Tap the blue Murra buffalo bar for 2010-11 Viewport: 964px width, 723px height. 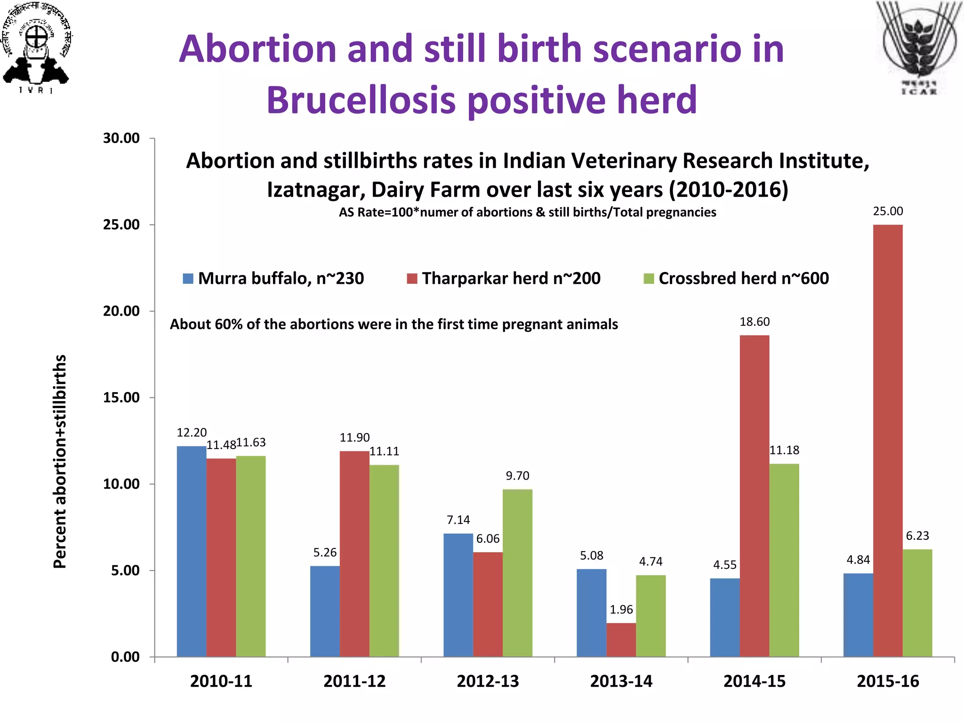(x=192, y=551)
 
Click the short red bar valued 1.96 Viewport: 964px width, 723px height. (x=621, y=640)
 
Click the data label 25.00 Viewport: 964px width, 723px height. (x=888, y=211)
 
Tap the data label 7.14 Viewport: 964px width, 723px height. (x=458, y=520)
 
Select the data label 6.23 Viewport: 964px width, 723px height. (x=917, y=536)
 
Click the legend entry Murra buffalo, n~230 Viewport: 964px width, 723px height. (x=273, y=278)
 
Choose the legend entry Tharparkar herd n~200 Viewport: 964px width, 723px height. (x=504, y=278)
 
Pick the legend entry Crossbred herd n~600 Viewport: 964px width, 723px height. (x=736, y=278)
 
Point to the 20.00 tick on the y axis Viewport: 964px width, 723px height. (x=121, y=311)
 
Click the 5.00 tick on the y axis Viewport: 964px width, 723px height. (x=125, y=570)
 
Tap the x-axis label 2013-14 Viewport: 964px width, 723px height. (x=621, y=681)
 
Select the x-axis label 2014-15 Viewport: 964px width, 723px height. (x=754, y=681)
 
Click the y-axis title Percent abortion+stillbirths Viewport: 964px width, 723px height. (x=60, y=461)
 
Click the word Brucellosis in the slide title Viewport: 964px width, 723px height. (x=361, y=100)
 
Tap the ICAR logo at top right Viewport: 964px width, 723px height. (x=919, y=47)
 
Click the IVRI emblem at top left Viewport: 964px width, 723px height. (x=36, y=47)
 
